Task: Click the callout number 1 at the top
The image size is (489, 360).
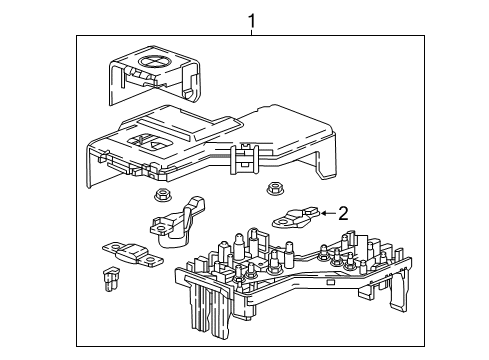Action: pos(252,19)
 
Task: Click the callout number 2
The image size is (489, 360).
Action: pos(342,212)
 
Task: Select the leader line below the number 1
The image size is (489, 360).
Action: pos(252,33)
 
